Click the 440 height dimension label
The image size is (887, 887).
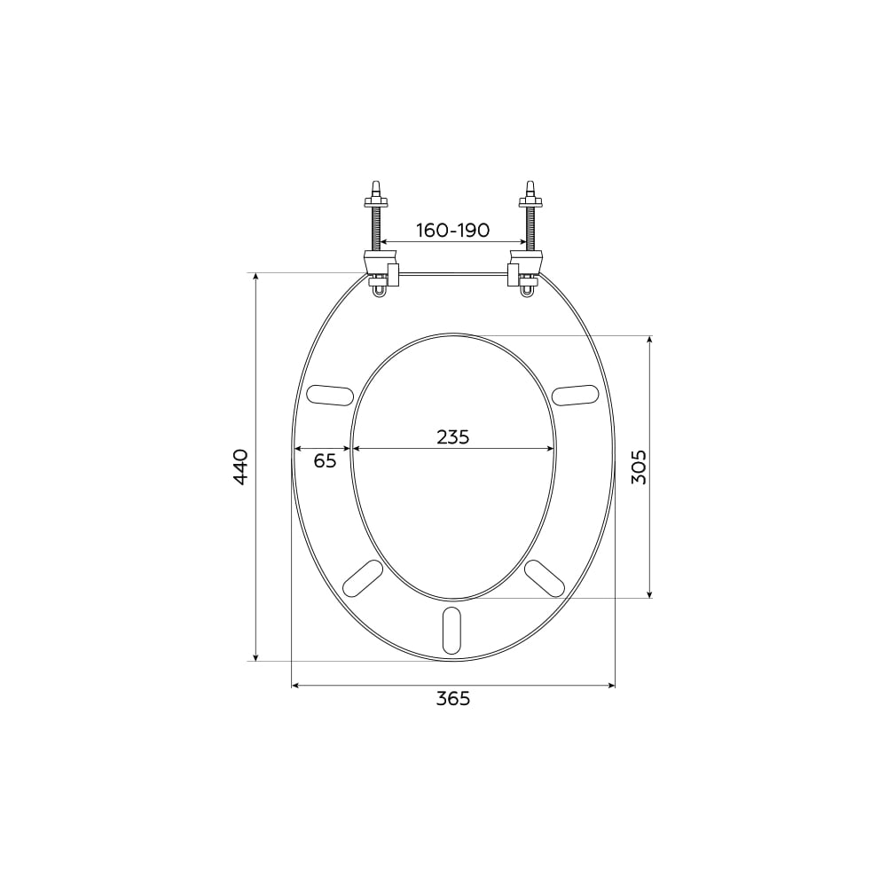tap(240, 467)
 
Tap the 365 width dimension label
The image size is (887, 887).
tap(453, 699)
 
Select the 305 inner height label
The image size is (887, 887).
tap(639, 467)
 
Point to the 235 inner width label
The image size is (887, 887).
tap(453, 436)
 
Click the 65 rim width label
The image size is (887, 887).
tap(326, 461)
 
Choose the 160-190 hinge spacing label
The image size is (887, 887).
tap(453, 231)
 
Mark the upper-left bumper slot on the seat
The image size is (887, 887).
tap(329, 395)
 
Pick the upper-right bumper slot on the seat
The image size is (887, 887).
tap(576, 395)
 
